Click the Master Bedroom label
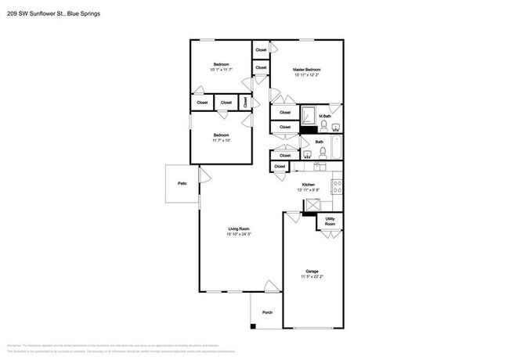point(307,70)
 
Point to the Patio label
point(182,183)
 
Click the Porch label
point(267,311)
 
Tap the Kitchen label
point(308,184)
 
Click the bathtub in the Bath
point(336,147)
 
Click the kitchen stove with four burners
point(337,186)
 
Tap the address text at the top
point(53,13)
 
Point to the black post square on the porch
point(253,325)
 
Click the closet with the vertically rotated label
point(245,102)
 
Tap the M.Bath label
point(335,117)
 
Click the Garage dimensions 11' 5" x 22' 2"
point(311,276)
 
